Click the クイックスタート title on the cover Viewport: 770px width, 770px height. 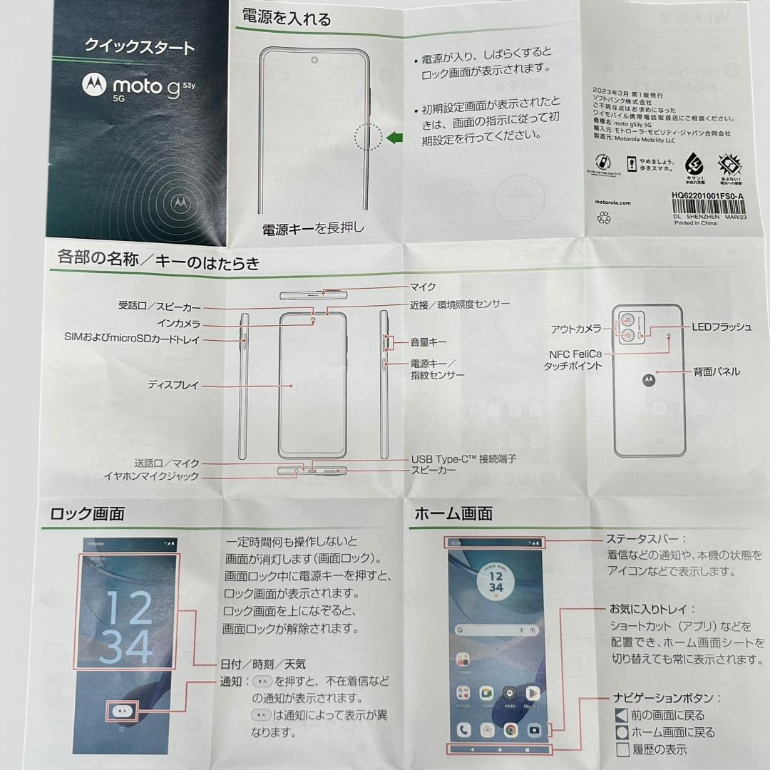(x=139, y=48)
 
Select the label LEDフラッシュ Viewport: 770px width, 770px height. (x=722, y=327)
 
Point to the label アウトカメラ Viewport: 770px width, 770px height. (x=575, y=329)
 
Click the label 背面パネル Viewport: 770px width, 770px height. (x=717, y=371)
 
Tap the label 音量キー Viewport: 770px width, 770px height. (x=428, y=342)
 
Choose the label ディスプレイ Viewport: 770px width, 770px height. (x=173, y=385)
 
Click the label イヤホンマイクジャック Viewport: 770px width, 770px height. (x=151, y=476)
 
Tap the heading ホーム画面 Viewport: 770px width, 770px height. (x=453, y=513)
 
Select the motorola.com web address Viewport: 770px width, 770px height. (x=622, y=202)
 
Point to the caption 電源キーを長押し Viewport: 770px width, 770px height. (x=314, y=228)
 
